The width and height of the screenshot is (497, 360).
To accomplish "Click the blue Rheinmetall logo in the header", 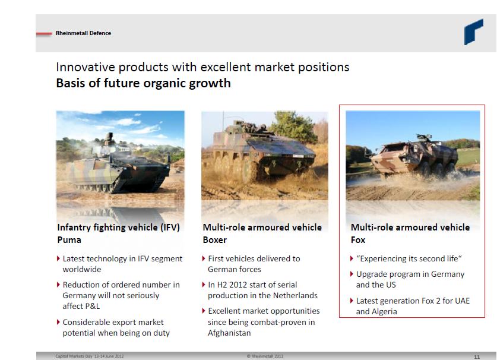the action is coord(473,31).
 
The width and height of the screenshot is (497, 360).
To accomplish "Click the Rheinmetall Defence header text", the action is coord(83,33).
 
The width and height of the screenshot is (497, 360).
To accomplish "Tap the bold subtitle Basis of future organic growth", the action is coord(143,83).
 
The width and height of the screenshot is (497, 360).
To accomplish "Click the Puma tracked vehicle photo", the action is coord(120,155).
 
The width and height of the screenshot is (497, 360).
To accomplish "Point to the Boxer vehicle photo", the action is coord(265,155).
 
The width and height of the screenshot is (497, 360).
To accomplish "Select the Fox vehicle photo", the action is coord(413,155).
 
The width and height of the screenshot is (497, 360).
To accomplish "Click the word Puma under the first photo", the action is coord(69,240).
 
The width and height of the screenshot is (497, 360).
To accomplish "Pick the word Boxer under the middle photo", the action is coord(214,240).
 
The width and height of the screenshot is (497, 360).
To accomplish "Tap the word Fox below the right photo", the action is coord(358,240).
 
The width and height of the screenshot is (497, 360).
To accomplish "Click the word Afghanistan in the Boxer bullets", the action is coord(229,333).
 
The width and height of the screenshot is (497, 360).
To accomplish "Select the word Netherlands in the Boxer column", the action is coord(295,296).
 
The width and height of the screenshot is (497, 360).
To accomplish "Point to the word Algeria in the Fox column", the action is coord(385,311).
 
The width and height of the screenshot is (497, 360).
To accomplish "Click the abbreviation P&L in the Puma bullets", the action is coord(90,307).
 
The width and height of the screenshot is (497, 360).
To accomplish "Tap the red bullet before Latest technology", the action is coord(58,258).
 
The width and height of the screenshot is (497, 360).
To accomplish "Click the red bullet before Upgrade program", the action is coord(352,274).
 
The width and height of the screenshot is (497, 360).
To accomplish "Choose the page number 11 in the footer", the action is coord(477,357).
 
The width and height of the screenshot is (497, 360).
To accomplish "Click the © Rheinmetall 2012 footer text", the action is coord(265,356).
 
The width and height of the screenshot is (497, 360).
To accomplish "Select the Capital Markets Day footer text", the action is coord(90,356).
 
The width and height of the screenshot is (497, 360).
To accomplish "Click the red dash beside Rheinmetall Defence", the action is coord(44,33).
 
